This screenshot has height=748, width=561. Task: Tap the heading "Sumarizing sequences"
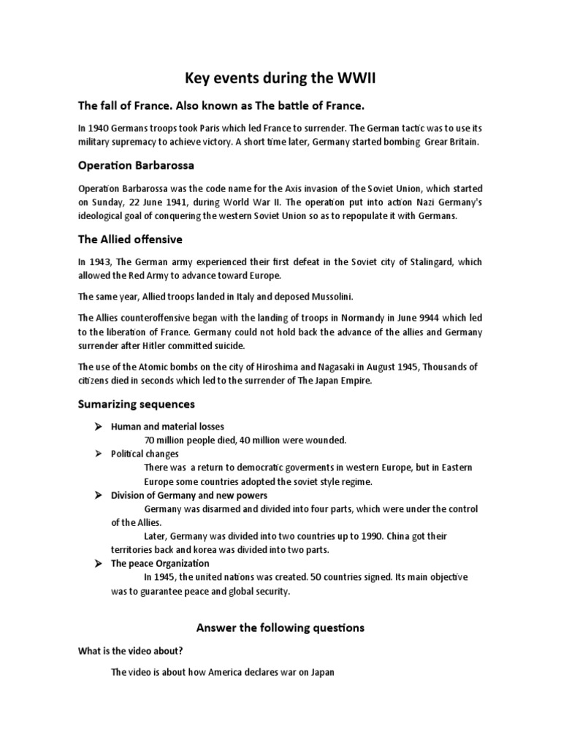pyautogui.click(x=137, y=403)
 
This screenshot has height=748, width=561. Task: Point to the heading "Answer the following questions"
pyautogui.click(x=280, y=627)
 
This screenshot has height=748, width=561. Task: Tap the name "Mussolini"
pyautogui.click(x=320, y=296)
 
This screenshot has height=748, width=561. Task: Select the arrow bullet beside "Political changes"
pyautogui.click(x=97, y=454)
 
